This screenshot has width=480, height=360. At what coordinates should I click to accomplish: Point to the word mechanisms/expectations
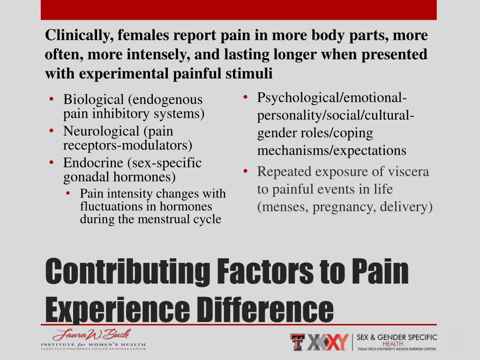point(331,150)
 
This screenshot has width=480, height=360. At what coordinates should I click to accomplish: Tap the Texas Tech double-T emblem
point(297,342)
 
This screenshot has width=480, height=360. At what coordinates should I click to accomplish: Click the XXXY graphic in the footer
point(327,342)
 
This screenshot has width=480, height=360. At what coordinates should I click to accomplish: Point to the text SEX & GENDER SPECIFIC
point(397,337)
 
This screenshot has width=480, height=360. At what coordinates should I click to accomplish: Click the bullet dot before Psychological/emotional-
point(246,97)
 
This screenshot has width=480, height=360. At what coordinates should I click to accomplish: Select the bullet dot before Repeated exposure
point(246,171)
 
